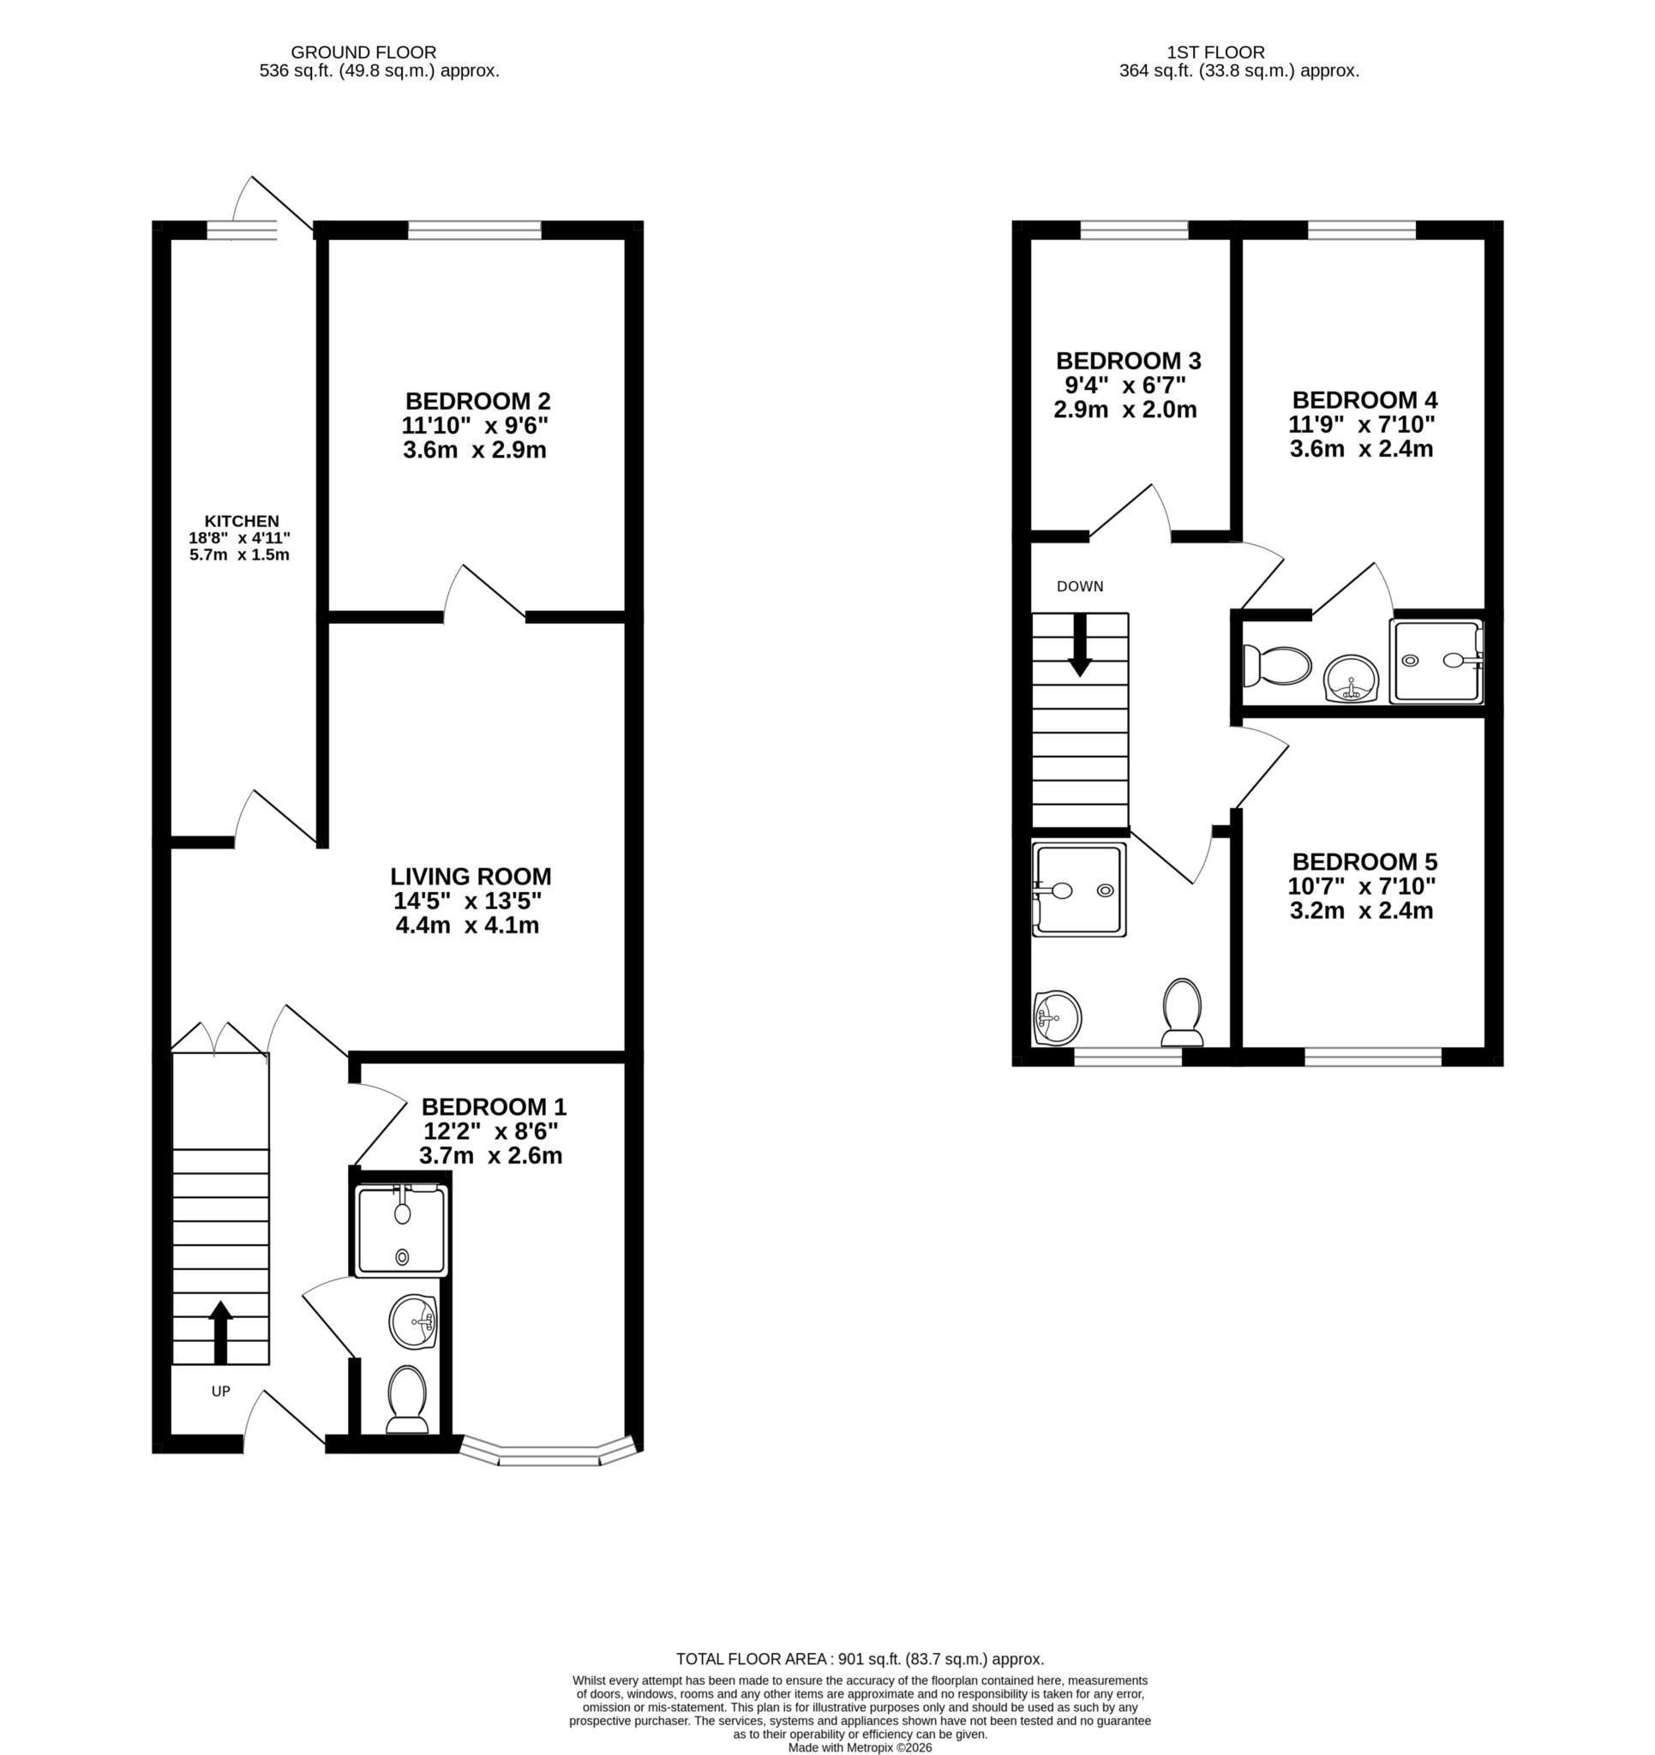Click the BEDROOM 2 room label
click(x=477, y=400)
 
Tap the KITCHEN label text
click(x=241, y=521)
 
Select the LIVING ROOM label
click(x=471, y=877)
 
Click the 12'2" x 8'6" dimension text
click(x=491, y=1132)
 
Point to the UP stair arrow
click(x=220, y=1332)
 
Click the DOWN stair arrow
click(x=1079, y=645)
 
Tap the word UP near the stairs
click(x=221, y=1392)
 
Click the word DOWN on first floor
click(x=1079, y=586)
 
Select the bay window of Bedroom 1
click(x=549, y=1453)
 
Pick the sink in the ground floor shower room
click(x=412, y=1321)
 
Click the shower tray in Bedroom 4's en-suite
click(x=1436, y=662)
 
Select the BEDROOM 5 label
click(x=1364, y=861)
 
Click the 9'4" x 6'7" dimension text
click(x=1125, y=385)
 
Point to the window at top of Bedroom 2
click(x=474, y=231)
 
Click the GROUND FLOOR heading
click(x=363, y=52)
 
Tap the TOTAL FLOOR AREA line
click(x=860, y=1659)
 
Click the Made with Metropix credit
click(x=860, y=1747)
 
